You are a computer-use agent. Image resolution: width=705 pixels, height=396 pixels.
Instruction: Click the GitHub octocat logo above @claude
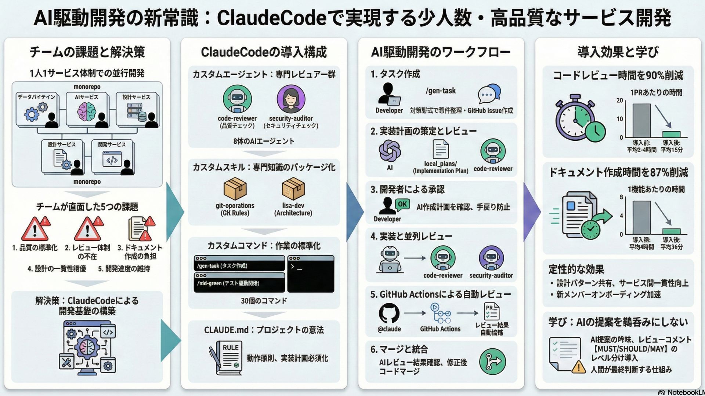pyautogui.click(x=389, y=313)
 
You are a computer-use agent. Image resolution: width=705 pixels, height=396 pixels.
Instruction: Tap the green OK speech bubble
pyautogui.click(x=402, y=204)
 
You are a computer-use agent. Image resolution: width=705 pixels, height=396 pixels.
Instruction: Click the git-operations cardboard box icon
pyautogui.click(x=235, y=188)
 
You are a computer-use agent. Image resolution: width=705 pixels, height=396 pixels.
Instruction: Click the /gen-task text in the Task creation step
pyautogui.click(x=441, y=91)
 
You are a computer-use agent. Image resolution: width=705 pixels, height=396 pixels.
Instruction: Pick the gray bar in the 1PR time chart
pyautogui.click(x=641, y=120)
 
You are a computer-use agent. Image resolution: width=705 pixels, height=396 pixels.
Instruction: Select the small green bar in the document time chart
pyautogui.click(x=671, y=231)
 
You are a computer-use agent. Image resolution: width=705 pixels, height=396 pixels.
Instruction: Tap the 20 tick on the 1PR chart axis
pyautogui.click(x=620, y=100)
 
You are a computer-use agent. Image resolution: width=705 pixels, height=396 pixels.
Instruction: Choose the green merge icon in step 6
pyautogui.click(x=492, y=362)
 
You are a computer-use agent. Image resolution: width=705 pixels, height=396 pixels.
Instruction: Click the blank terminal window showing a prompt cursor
pyautogui.click(x=311, y=274)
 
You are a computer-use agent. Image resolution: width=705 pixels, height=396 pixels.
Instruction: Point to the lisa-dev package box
pyautogui.click(x=293, y=188)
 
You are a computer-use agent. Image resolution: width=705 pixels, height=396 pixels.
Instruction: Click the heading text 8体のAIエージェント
pyautogui.click(x=264, y=141)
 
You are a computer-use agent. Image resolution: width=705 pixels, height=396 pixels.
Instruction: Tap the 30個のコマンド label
pyautogui.click(x=264, y=301)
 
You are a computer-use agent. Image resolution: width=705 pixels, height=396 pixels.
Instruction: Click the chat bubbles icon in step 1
pyautogui.click(x=489, y=94)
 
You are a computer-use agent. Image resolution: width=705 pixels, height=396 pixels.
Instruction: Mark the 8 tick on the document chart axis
pyautogui.click(x=621, y=197)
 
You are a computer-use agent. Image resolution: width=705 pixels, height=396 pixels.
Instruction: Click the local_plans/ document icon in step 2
pyautogui.click(x=441, y=150)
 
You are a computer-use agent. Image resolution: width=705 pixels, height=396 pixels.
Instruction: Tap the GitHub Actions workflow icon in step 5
pyautogui.click(x=440, y=313)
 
